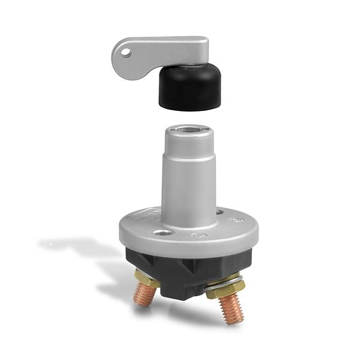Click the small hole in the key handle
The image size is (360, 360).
[125, 53]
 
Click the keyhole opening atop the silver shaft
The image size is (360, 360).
[188, 131]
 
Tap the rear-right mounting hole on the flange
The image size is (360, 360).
[220, 212]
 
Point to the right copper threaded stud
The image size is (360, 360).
[231, 310]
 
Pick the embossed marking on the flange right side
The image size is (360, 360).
[237, 221]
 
